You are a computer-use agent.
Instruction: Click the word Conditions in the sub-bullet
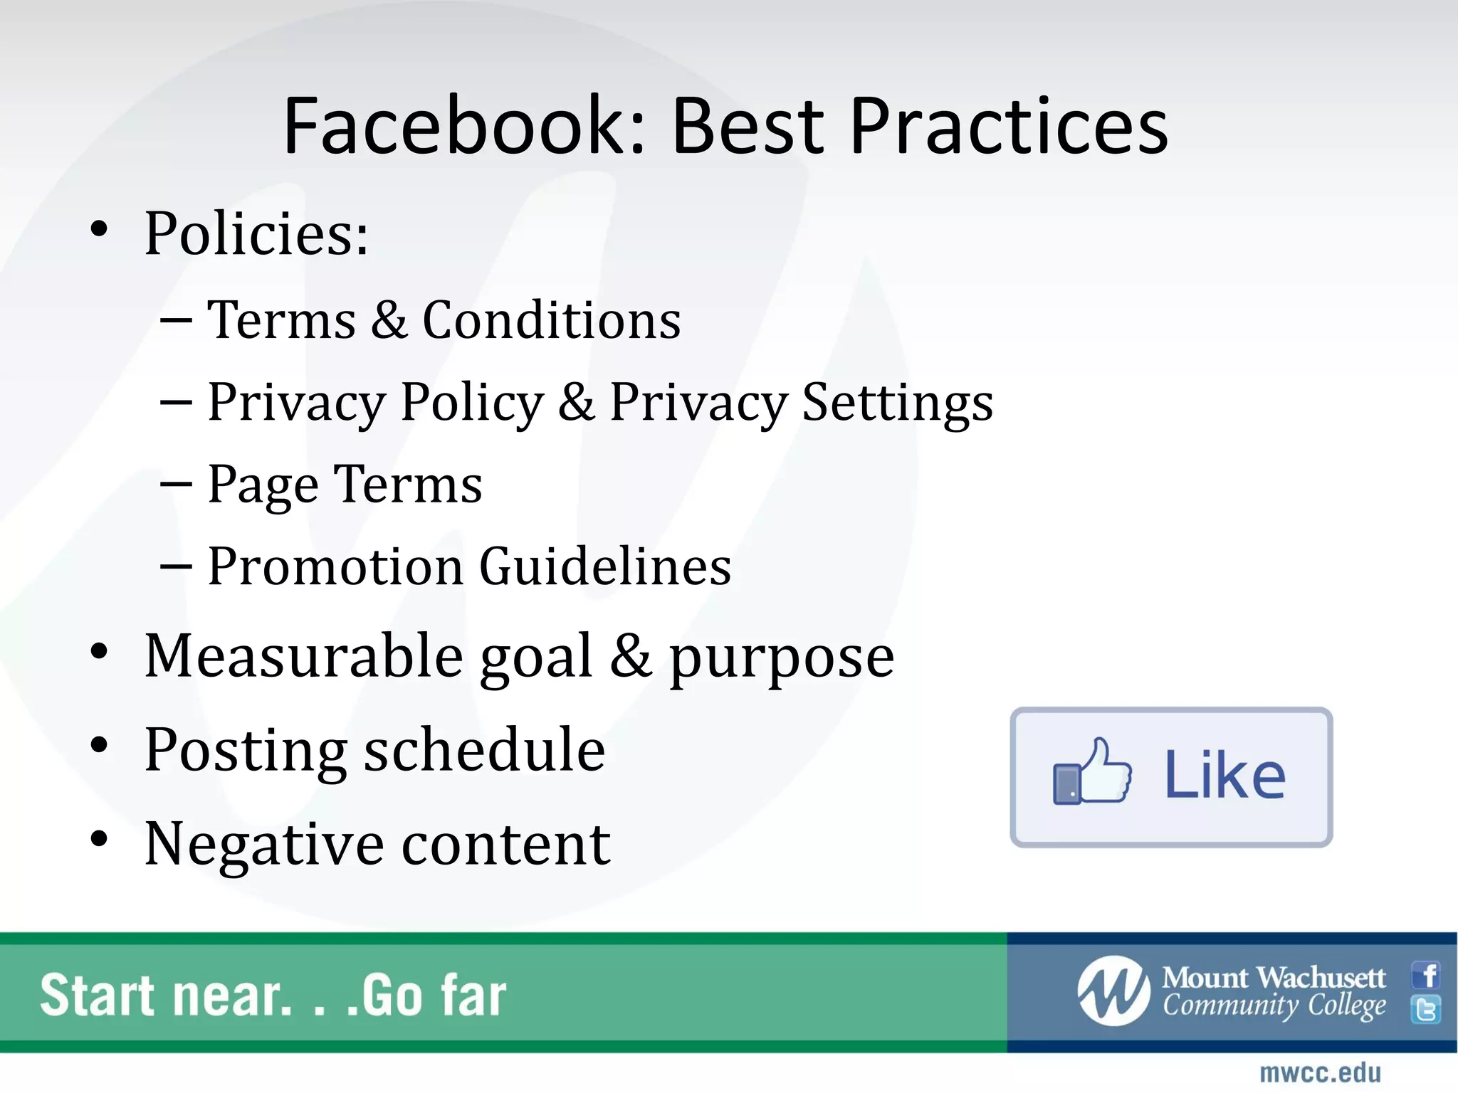[552, 320]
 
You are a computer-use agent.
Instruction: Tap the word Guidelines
[605, 567]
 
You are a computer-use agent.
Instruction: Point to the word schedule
[484, 750]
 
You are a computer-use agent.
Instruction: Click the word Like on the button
[1224, 776]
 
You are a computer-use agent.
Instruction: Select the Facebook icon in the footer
[1427, 976]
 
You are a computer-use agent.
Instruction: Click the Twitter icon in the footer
[1427, 1010]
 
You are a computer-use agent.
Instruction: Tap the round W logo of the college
[1113, 991]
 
